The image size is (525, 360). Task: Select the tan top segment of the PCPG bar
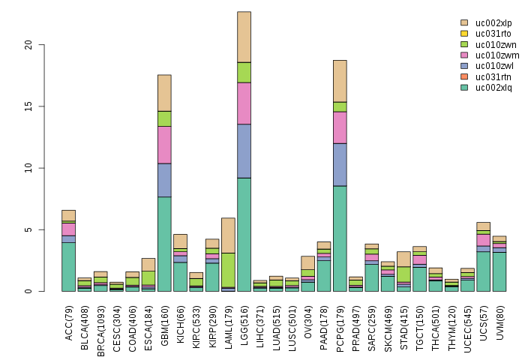[340, 80]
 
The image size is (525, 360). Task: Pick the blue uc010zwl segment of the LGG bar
[244, 151]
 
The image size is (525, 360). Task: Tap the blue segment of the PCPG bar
[340, 164]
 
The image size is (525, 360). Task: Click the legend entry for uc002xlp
[485, 23]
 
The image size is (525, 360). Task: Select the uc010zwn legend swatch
[464, 45]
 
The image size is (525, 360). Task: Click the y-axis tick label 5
[29, 229]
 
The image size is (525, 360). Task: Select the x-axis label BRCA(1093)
[101, 324]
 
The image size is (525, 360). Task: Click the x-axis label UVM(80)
[499, 319]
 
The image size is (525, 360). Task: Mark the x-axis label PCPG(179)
[340, 322]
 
